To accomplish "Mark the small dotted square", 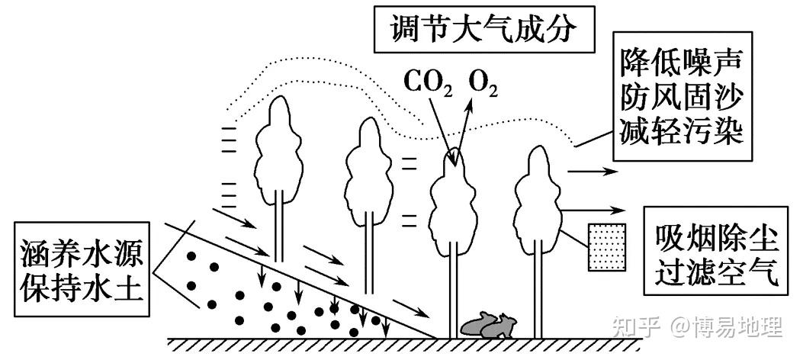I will pos(608,246).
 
